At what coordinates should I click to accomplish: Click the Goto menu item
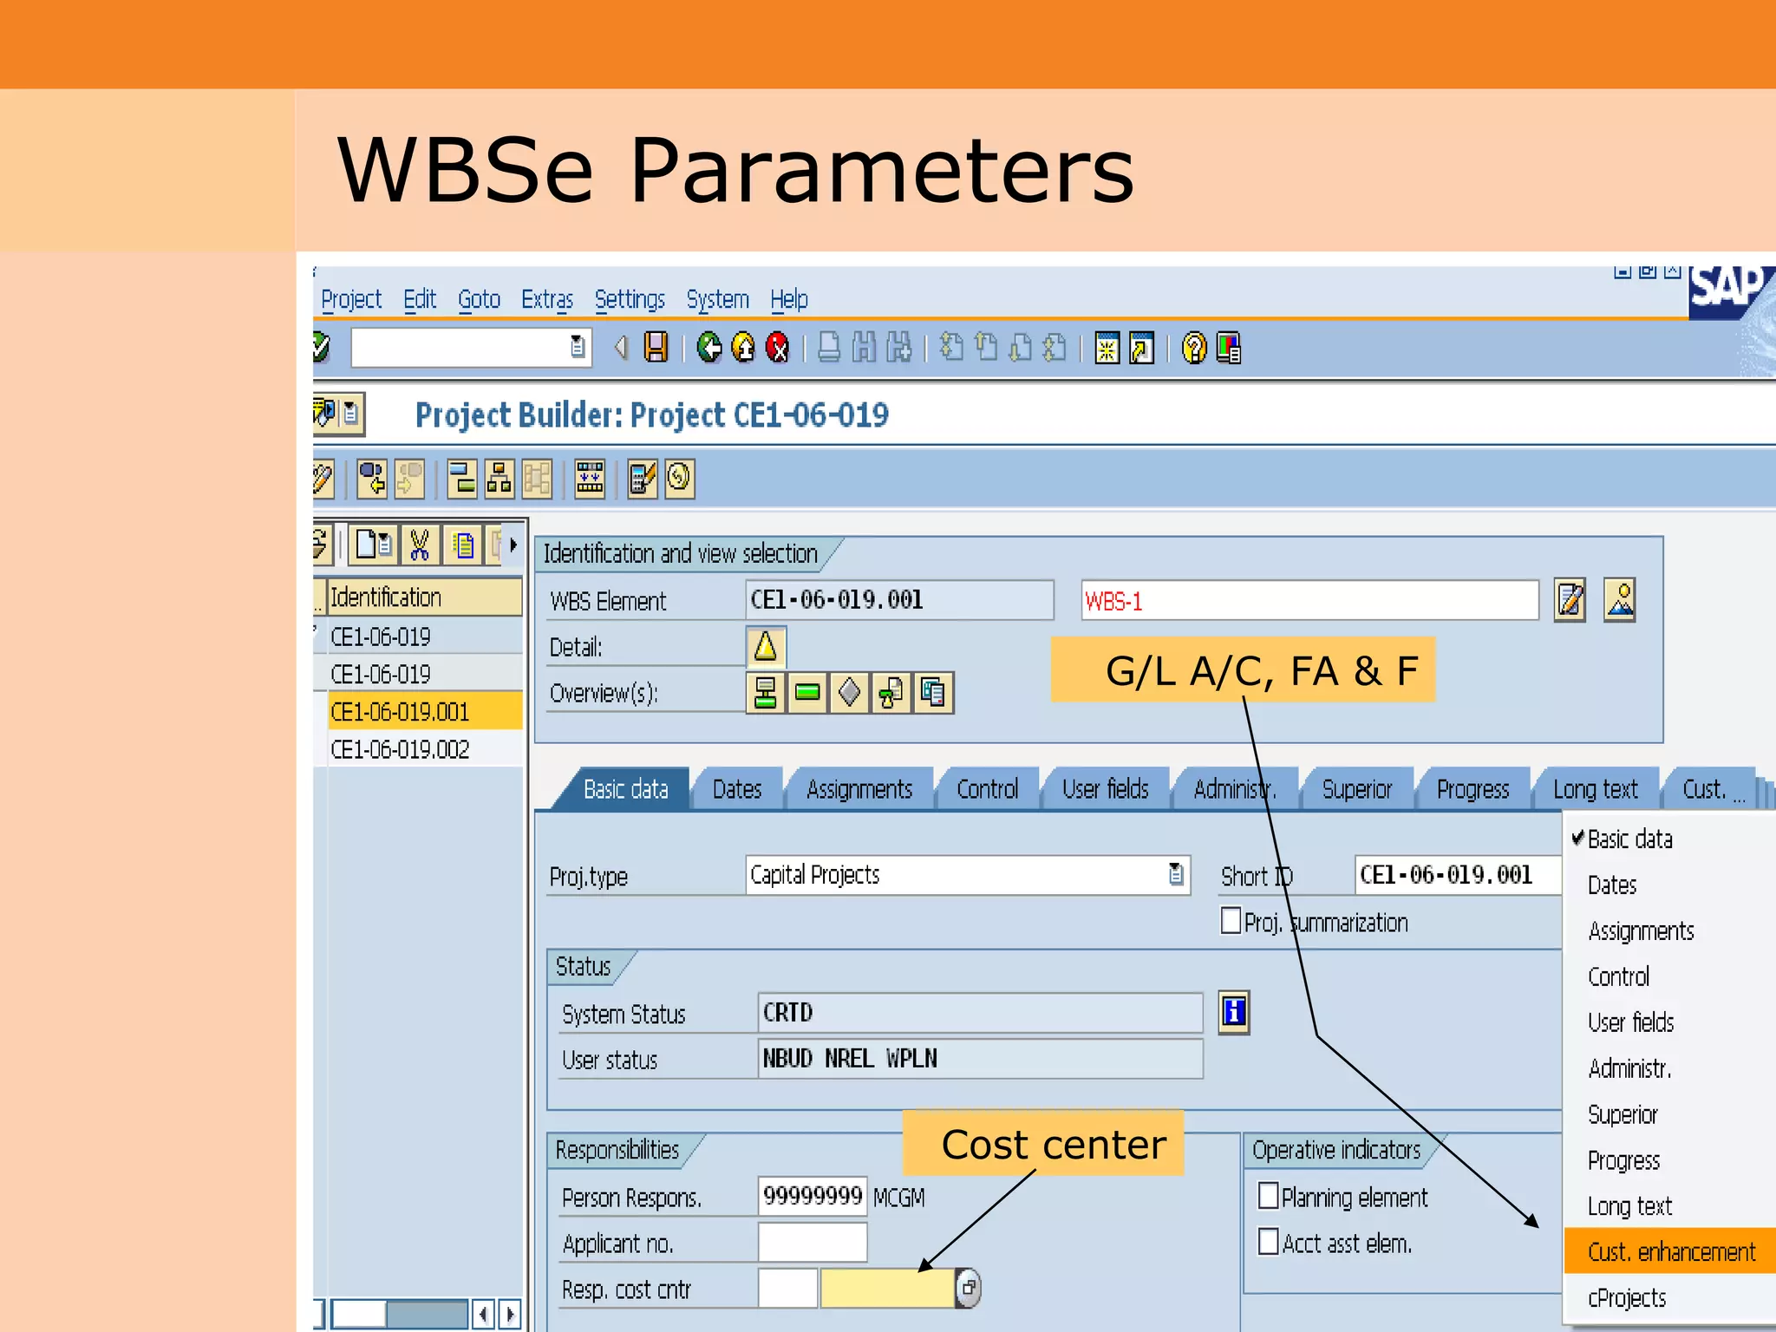(x=479, y=300)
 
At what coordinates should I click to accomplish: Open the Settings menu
(x=630, y=300)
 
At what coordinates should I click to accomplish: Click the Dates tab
(x=736, y=789)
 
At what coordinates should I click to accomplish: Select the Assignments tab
(x=859, y=789)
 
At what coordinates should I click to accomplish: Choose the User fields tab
(x=1105, y=789)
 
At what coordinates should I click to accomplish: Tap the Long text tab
(x=1595, y=789)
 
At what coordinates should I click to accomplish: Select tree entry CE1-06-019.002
(x=400, y=749)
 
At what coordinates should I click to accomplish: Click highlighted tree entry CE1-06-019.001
(x=400, y=712)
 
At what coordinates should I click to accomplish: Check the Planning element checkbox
(x=1268, y=1196)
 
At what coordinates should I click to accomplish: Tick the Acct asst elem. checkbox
(x=1268, y=1242)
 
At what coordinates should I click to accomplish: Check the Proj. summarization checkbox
(x=1231, y=920)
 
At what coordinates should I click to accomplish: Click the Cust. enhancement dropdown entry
(x=1671, y=1251)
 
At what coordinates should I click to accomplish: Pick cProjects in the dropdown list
(x=1627, y=1298)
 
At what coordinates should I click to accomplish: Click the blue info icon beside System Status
(x=1233, y=1012)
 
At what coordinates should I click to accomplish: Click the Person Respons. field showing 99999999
(x=812, y=1197)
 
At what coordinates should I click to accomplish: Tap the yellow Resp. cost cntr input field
(x=886, y=1289)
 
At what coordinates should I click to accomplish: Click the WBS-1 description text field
(x=1309, y=600)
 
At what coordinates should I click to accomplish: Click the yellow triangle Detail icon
(x=766, y=647)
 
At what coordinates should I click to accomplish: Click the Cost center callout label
(x=1053, y=1145)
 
